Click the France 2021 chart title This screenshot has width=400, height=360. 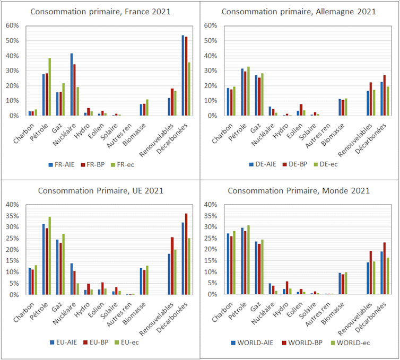click(100, 11)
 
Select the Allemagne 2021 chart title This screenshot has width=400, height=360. click(299, 11)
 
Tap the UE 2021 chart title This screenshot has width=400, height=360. click(100, 190)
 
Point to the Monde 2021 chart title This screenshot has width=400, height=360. click(299, 190)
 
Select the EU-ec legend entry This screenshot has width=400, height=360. click(137, 342)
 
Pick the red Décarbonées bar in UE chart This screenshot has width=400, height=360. click(186, 254)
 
